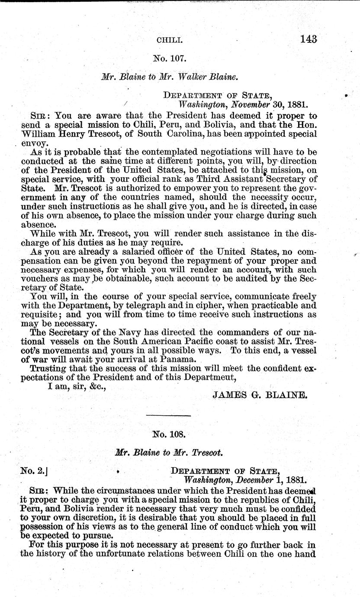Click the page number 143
pos(308,39)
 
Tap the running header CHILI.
pos(170,40)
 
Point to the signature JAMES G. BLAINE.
pos(260,395)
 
